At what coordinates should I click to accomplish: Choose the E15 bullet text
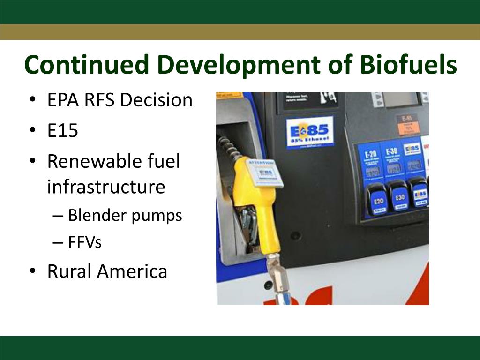(62, 131)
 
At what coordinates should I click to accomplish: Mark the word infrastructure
(106, 187)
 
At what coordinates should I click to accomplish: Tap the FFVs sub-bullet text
(85, 242)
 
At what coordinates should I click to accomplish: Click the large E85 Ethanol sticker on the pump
(310, 132)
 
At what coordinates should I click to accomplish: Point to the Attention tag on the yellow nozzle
(265, 173)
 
